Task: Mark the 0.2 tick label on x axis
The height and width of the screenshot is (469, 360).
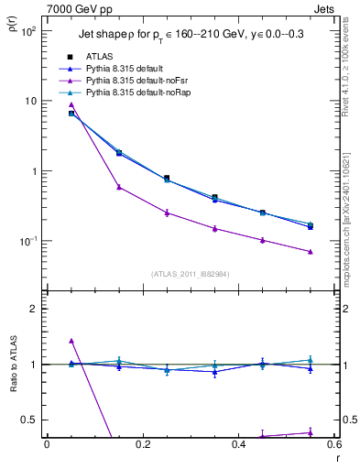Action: [x=142, y=446]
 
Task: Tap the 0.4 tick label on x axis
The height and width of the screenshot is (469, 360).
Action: [x=237, y=446]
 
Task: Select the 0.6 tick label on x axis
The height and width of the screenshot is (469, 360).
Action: [x=333, y=446]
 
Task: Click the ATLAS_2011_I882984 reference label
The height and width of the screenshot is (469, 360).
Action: [x=190, y=273]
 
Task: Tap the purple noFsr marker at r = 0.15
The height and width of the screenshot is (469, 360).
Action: [x=119, y=187]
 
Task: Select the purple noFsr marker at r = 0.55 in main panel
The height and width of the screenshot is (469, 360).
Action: [x=310, y=251]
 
